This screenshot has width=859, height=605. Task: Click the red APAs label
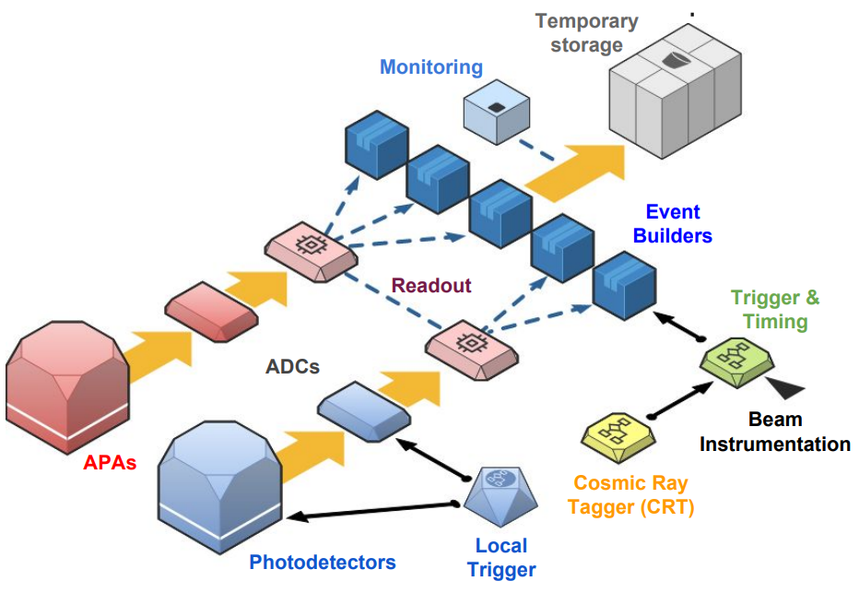click(x=110, y=463)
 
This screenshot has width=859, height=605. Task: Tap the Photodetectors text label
click(x=323, y=563)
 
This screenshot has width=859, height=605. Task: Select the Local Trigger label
click(x=501, y=557)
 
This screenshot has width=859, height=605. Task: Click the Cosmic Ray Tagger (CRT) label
click(x=630, y=495)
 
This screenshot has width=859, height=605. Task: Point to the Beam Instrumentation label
click(x=774, y=432)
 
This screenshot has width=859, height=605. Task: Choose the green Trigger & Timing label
click(x=774, y=309)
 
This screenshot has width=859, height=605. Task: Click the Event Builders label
click(x=673, y=223)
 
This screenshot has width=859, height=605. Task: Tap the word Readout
click(x=431, y=286)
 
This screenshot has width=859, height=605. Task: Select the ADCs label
click(x=292, y=367)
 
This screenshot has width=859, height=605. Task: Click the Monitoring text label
click(x=431, y=66)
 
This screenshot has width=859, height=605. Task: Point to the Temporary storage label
click(x=587, y=33)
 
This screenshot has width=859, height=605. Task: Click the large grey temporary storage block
click(x=676, y=91)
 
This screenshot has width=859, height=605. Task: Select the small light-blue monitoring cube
click(x=497, y=113)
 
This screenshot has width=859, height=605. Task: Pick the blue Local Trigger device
click(x=500, y=496)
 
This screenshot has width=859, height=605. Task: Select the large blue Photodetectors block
click(x=220, y=488)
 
